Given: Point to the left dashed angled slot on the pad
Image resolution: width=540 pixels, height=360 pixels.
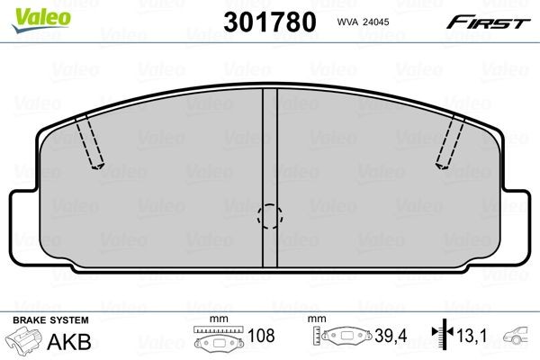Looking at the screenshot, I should [90, 142].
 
